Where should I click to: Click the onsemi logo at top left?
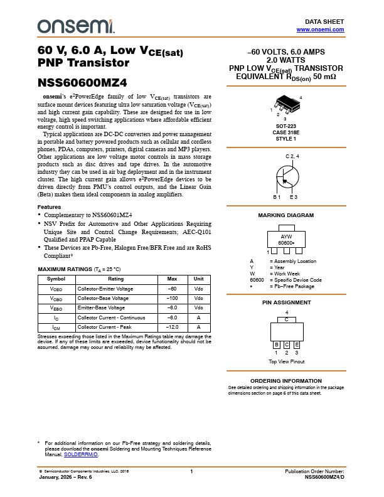point(76,26)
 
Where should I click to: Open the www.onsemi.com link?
point(320,29)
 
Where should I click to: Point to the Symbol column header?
point(56,278)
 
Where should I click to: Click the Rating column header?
point(115,278)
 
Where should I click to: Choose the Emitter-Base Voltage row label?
point(101,308)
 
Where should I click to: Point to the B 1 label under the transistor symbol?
point(276,197)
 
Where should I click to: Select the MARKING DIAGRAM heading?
point(285,215)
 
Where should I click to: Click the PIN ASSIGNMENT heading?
point(285,302)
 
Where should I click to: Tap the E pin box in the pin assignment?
point(296,345)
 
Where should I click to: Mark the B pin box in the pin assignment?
point(276,345)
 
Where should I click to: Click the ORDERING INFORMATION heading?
point(285,381)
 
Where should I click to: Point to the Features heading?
point(49,207)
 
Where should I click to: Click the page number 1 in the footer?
point(191,471)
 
